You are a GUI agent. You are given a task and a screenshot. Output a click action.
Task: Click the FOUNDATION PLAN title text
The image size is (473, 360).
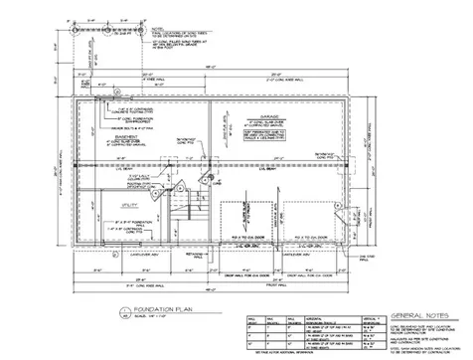tap(135, 310)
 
